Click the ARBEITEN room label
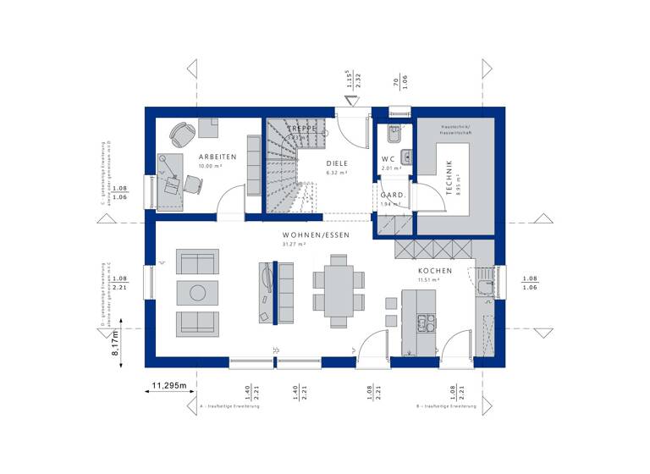(218, 157)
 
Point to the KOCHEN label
(434, 271)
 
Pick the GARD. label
(392, 195)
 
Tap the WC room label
(388, 159)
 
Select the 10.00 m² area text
(208, 167)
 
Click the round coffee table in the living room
(197, 293)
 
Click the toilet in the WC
(392, 133)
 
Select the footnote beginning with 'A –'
(229, 406)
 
